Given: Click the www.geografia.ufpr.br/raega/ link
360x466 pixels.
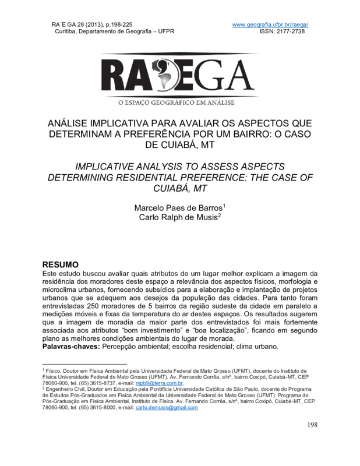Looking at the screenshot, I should point(270,24).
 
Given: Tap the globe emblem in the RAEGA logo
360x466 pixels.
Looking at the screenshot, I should point(178,76).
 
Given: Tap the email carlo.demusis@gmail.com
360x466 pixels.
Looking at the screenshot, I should point(167,408).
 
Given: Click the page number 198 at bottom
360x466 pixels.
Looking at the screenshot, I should point(312,425).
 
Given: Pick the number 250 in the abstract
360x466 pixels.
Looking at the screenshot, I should point(96,306).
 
